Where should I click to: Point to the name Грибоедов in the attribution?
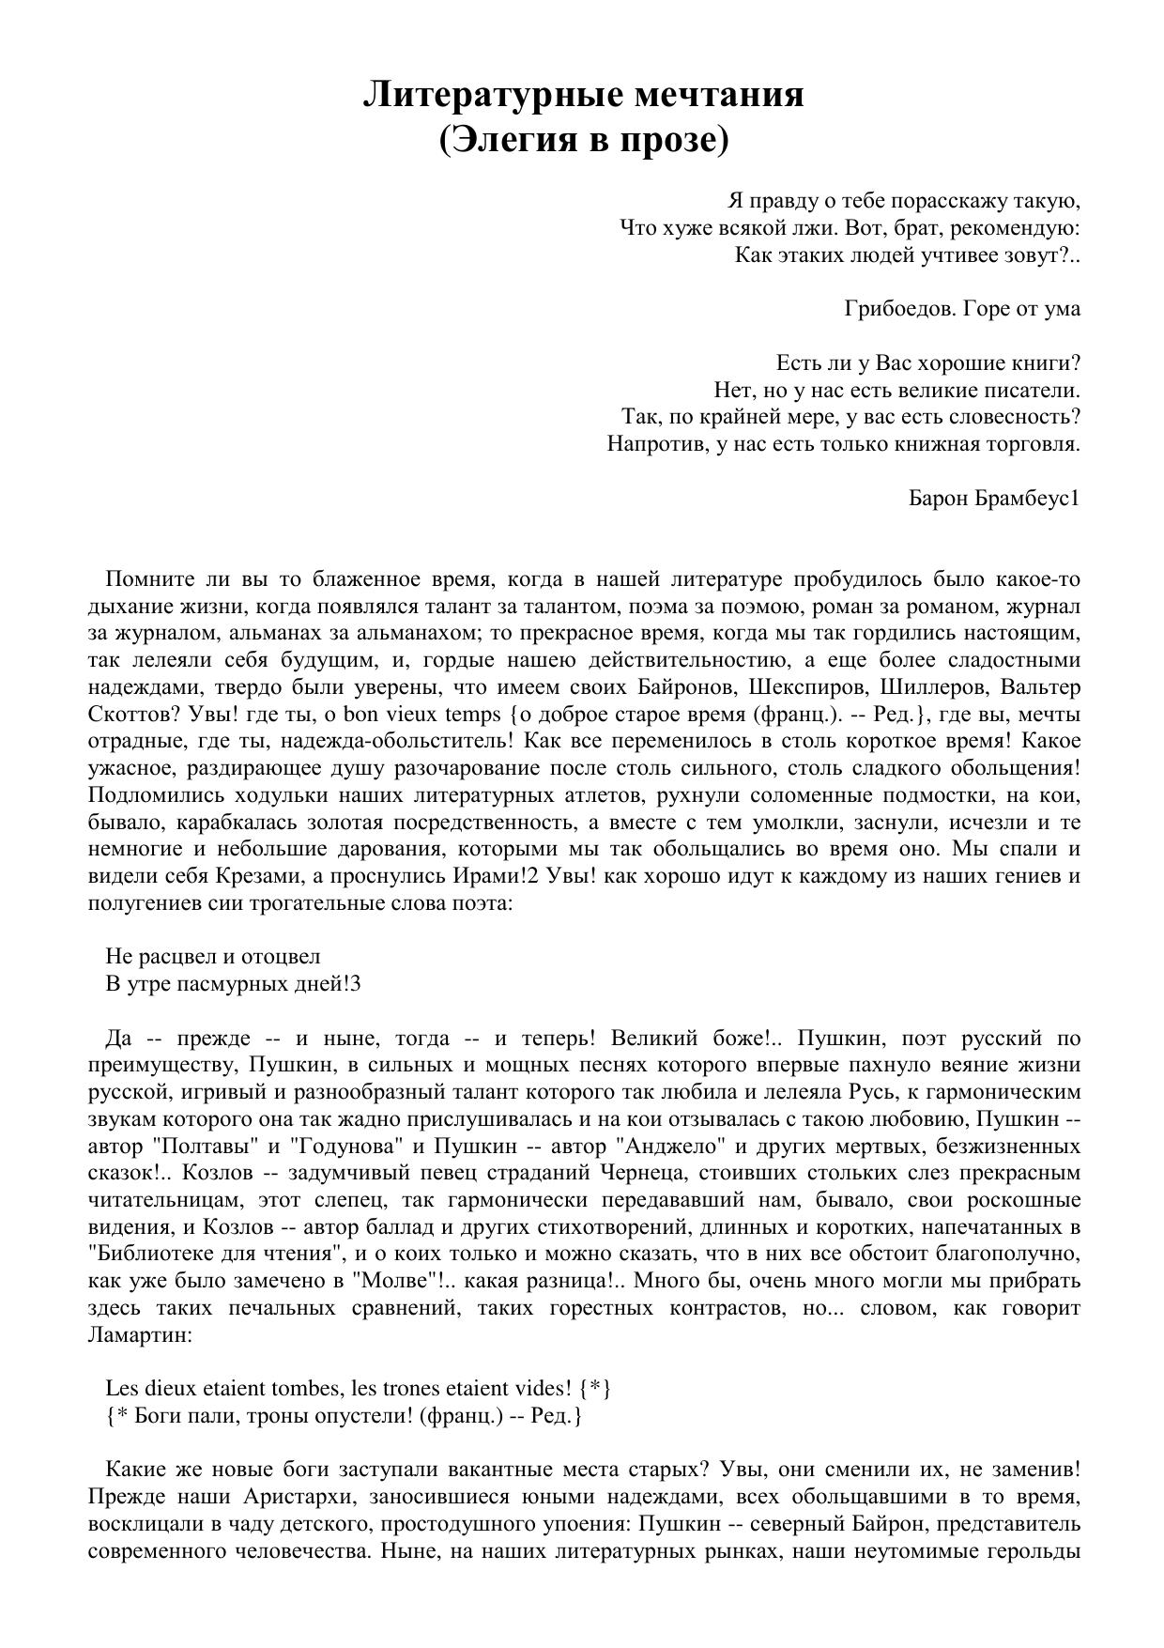(899, 309)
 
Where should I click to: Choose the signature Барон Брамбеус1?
(994, 498)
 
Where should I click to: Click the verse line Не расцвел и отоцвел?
(213, 957)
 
